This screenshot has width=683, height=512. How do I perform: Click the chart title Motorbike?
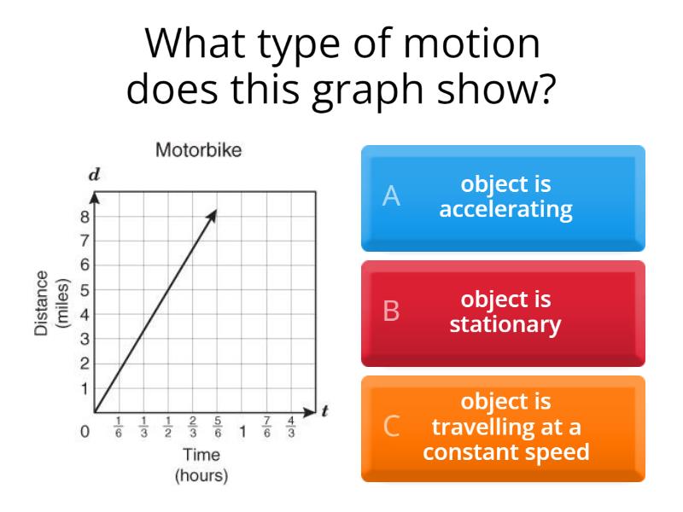(199, 151)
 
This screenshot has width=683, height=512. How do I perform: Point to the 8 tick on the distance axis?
(85, 217)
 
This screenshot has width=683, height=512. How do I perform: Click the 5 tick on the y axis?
(85, 289)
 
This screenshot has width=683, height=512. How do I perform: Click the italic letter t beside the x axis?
(324, 411)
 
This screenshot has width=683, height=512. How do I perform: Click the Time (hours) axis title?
(201, 466)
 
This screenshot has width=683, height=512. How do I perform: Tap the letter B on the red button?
(391, 311)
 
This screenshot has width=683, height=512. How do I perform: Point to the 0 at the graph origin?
(85, 432)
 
